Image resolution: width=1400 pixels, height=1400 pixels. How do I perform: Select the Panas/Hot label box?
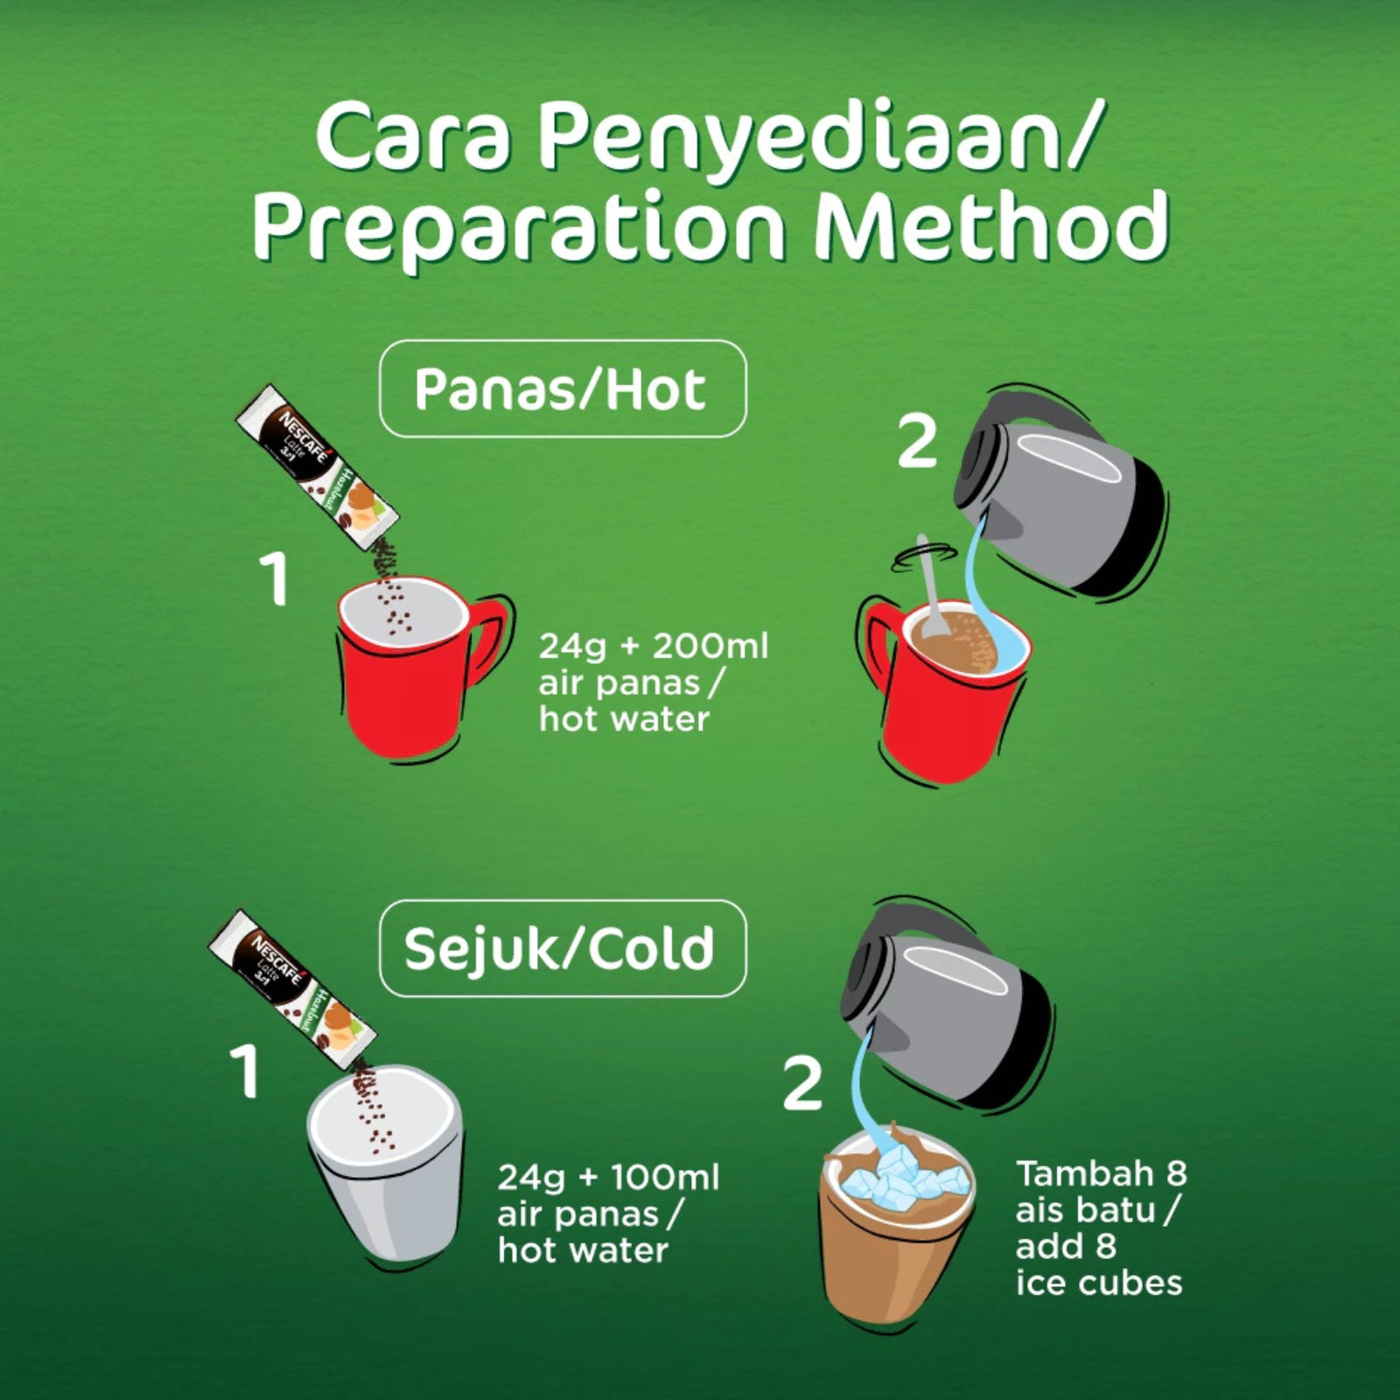click(563, 388)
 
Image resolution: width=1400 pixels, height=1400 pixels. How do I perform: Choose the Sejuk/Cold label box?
click(563, 948)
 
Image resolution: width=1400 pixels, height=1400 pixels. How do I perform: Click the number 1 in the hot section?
click(275, 579)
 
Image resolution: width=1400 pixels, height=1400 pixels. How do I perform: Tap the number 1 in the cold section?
click(245, 1072)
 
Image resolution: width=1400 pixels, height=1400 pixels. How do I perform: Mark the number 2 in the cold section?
click(802, 1085)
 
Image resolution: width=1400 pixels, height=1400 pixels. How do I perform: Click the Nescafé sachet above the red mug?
click(318, 467)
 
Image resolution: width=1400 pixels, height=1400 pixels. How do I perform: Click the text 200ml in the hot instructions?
click(710, 647)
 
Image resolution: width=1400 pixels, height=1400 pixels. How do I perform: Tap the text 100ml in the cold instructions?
click(664, 1178)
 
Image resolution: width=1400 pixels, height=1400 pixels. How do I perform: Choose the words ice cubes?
click(1099, 1283)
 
